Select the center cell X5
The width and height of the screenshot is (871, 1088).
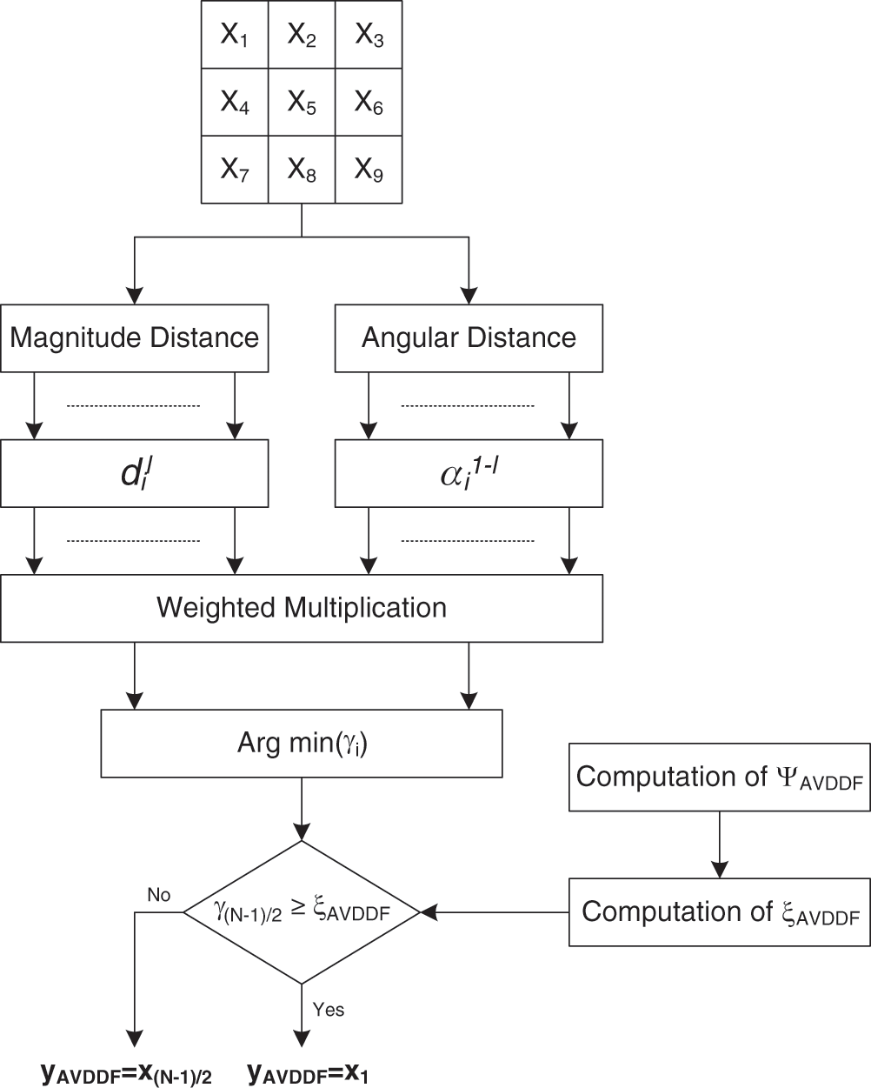coord(302,103)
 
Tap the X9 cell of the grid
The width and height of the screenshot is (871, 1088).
coord(369,170)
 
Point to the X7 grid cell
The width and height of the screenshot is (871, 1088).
coord(235,170)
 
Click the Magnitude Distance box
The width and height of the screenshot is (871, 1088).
coord(134,337)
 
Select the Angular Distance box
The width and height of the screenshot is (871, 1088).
coord(469,337)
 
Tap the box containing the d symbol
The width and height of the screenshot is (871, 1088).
coord(134,473)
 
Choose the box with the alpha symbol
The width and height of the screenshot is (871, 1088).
coord(469,473)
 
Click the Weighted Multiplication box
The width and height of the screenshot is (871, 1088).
coord(302,607)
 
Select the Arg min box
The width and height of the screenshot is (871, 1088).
coord(302,744)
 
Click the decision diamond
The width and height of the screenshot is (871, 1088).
coord(302,911)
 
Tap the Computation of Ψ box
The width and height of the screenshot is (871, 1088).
coord(719,778)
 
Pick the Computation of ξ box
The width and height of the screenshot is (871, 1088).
coord(719,912)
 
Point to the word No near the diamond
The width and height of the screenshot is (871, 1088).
coord(159,895)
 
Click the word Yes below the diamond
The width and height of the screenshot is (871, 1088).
coord(329,1010)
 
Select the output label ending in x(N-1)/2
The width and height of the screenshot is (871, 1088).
coord(127,1073)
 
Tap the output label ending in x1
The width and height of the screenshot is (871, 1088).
coord(308,1073)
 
